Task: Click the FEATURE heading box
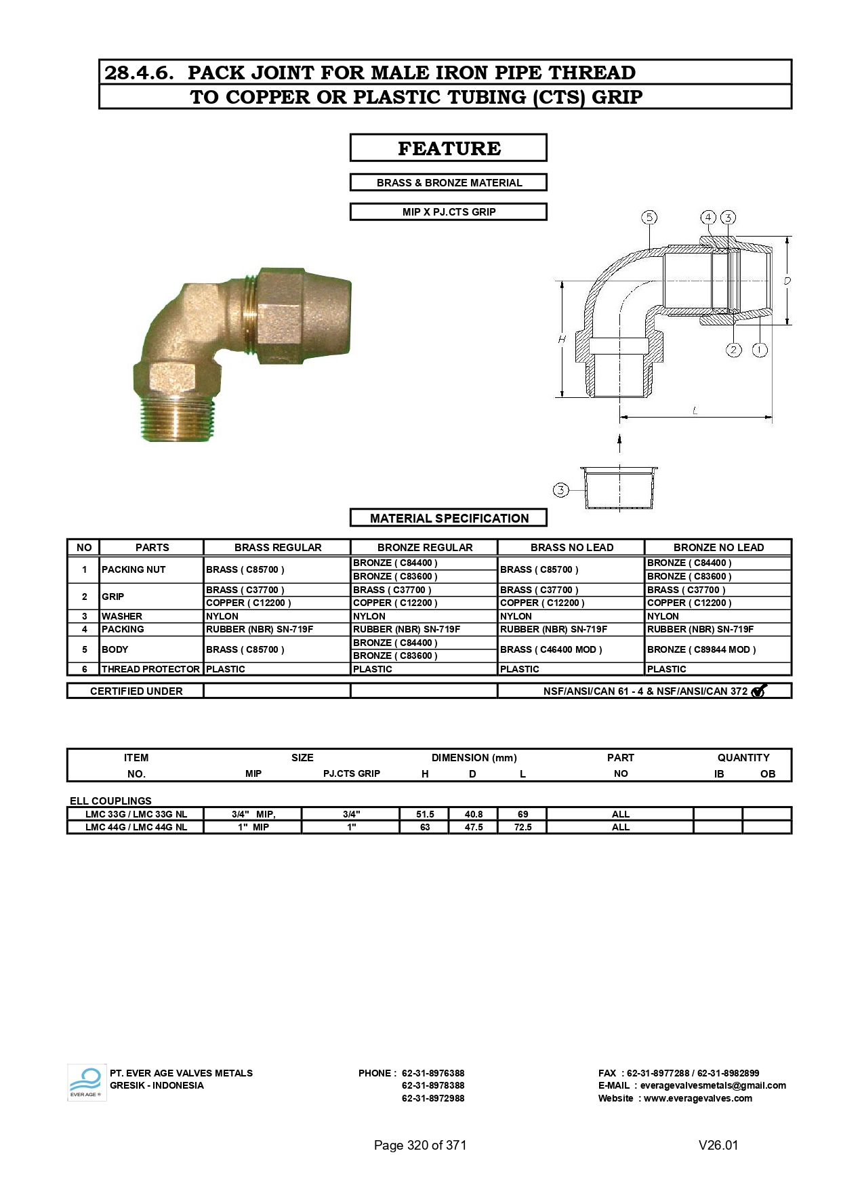(448, 148)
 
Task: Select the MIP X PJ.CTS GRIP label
(449, 212)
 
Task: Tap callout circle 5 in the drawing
(649, 218)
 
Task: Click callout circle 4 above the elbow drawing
(708, 218)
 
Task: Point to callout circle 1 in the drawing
(760, 350)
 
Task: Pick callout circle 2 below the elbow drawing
(734, 350)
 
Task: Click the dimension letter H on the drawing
(562, 339)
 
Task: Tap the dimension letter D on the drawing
(787, 281)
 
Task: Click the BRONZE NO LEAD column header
(718, 548)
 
